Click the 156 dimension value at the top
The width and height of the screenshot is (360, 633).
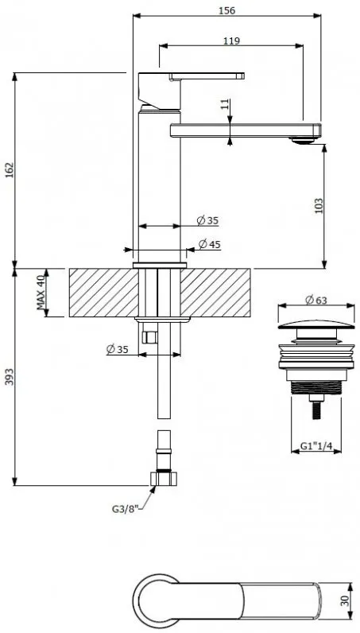(x=226, y=10)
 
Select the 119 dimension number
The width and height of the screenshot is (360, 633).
(x=231, y=41)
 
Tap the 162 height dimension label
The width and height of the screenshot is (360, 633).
(x=10, y=170)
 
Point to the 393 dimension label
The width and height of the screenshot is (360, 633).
(x=10, y=376)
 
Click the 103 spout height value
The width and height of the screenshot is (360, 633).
(x=319, y=205)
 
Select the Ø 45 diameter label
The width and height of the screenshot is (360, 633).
(x=210, y=244)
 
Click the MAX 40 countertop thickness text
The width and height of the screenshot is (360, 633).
(x=41, y=293)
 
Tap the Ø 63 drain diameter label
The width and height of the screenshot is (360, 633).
(x=316, y=300)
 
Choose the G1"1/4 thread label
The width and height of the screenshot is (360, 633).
(x=316, y=445)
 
